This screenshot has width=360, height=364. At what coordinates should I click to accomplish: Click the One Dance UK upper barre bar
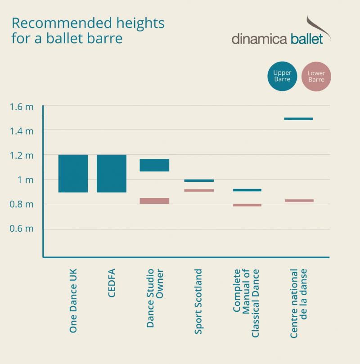73,173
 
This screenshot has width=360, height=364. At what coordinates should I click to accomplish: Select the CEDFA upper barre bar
112,173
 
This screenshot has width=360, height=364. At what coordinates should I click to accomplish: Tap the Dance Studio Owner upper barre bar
154,165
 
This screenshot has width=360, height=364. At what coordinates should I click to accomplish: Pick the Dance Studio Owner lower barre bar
154,201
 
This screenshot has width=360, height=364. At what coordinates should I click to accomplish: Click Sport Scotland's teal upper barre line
199,180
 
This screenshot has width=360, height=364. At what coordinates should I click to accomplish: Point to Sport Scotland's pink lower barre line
199,190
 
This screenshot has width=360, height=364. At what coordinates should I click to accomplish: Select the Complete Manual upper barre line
247,190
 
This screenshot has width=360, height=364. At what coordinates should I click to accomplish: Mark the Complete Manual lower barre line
247,205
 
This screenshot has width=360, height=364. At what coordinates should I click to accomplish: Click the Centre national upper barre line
298,119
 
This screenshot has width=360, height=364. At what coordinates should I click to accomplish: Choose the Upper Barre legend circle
282,76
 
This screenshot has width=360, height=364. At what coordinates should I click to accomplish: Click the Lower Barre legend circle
316,76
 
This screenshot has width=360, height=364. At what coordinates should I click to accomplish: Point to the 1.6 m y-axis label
22,107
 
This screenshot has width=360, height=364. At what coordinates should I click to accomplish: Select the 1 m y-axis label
25,180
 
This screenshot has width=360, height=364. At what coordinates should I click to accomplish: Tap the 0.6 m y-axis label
22,229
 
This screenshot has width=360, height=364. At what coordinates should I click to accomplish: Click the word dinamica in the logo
259,39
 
